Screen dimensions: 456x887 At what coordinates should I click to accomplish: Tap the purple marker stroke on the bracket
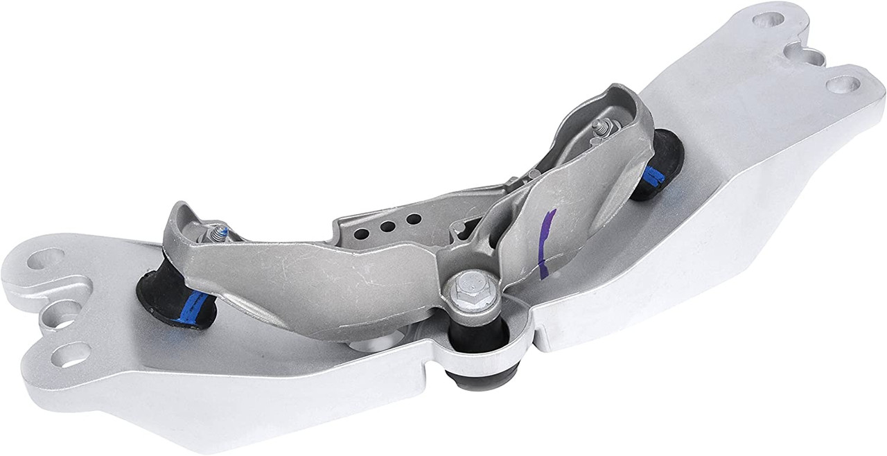coord(547,243)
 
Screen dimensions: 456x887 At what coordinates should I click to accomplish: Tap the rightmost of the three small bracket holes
coord(414,219)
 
